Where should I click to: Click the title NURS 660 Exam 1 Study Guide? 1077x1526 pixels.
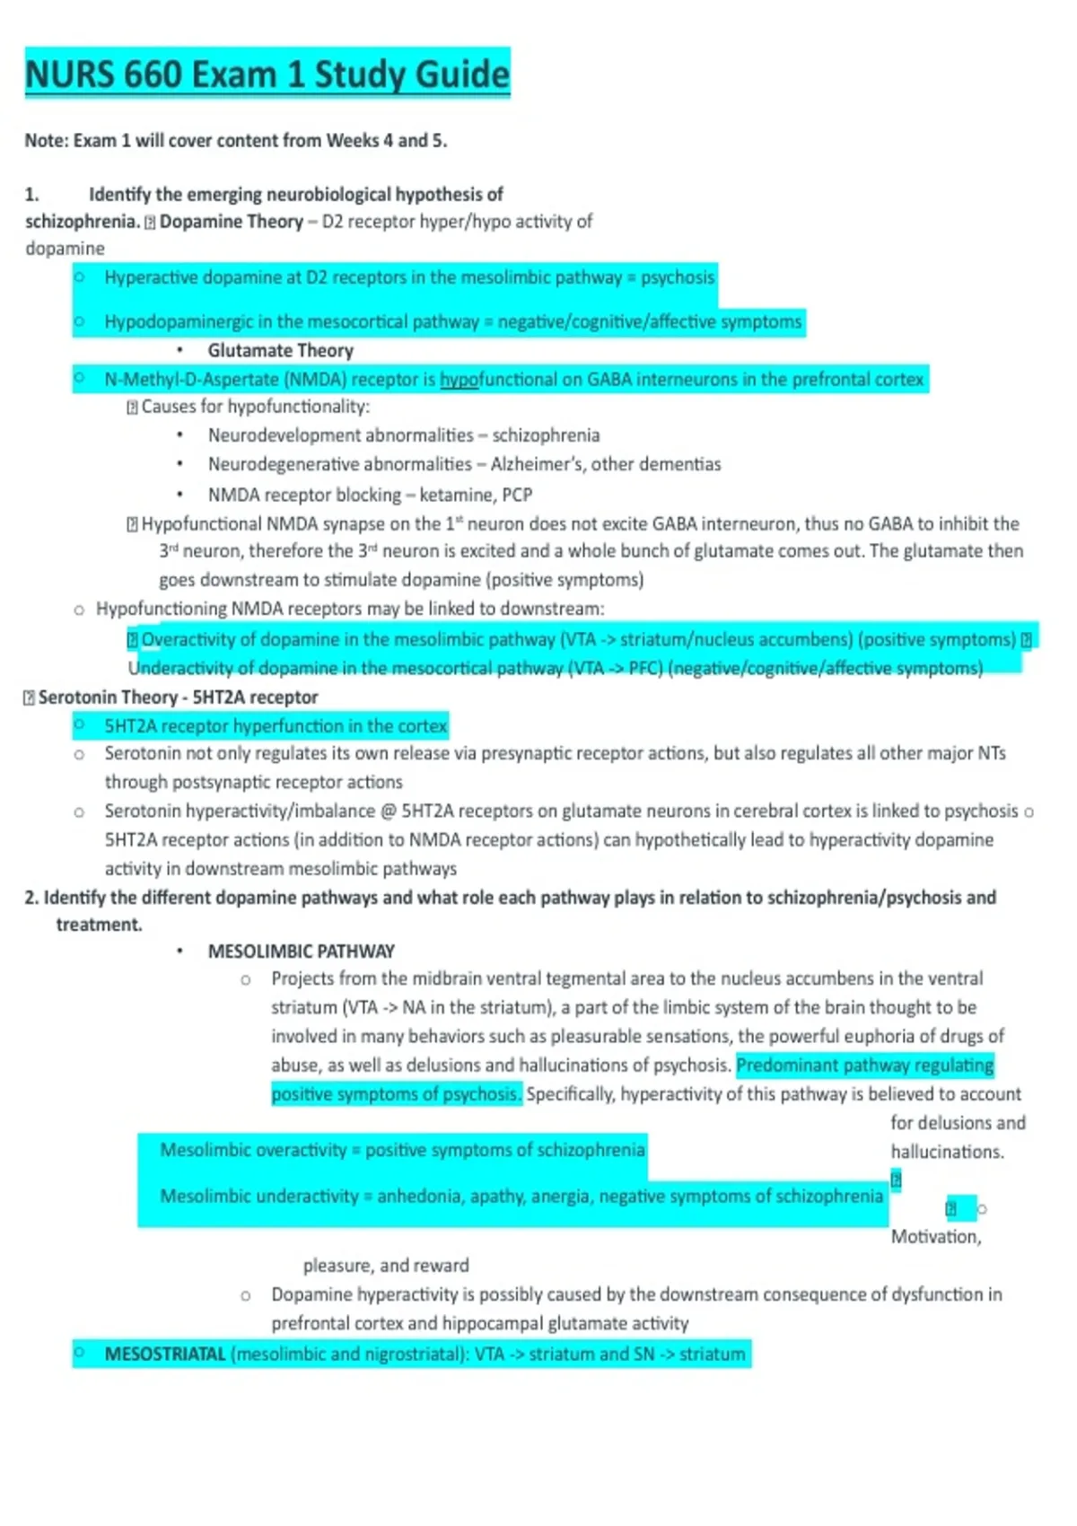[267, 74]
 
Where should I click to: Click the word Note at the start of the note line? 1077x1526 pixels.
[45, 141]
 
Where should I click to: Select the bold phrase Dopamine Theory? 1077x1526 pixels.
[231, 222]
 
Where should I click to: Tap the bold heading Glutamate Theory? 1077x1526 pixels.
[280, 351]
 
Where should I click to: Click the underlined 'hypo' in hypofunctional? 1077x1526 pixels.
[460, 380]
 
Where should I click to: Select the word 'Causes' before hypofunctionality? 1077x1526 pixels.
[169, 407]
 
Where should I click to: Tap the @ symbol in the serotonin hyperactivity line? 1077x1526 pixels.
[388, 811]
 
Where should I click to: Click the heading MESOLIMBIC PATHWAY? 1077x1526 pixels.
[301, 952]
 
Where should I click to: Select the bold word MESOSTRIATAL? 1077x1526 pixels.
[165, 1355]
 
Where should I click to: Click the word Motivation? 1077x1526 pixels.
[935, 1237]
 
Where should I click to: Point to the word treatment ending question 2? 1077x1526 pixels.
[99, 925]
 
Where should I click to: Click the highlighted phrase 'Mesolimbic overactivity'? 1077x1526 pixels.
[253, 1150]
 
